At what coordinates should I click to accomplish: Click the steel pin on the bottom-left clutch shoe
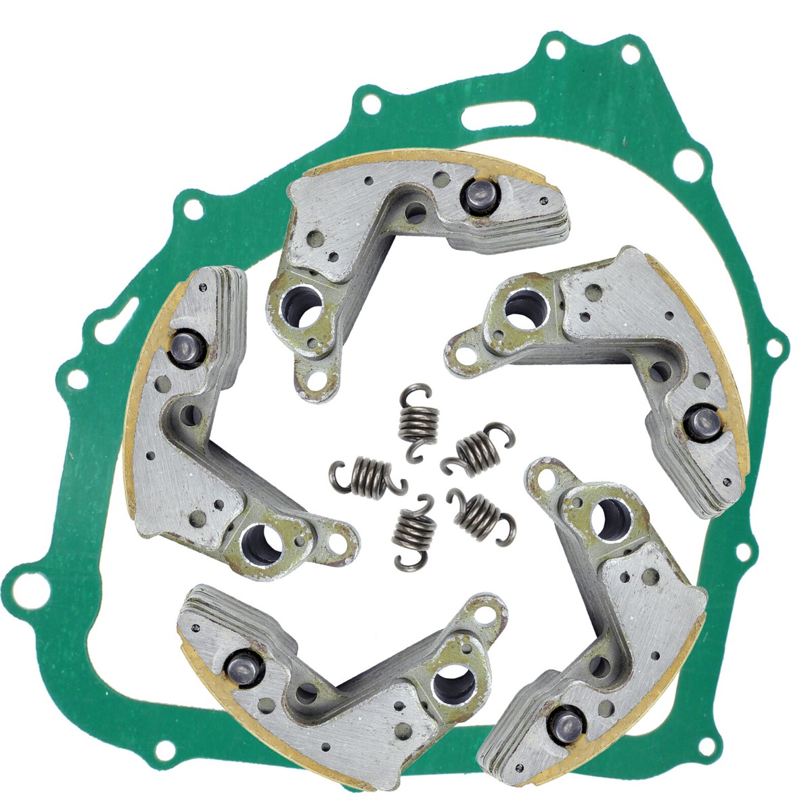pyautogui.click(x=239, y=667)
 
